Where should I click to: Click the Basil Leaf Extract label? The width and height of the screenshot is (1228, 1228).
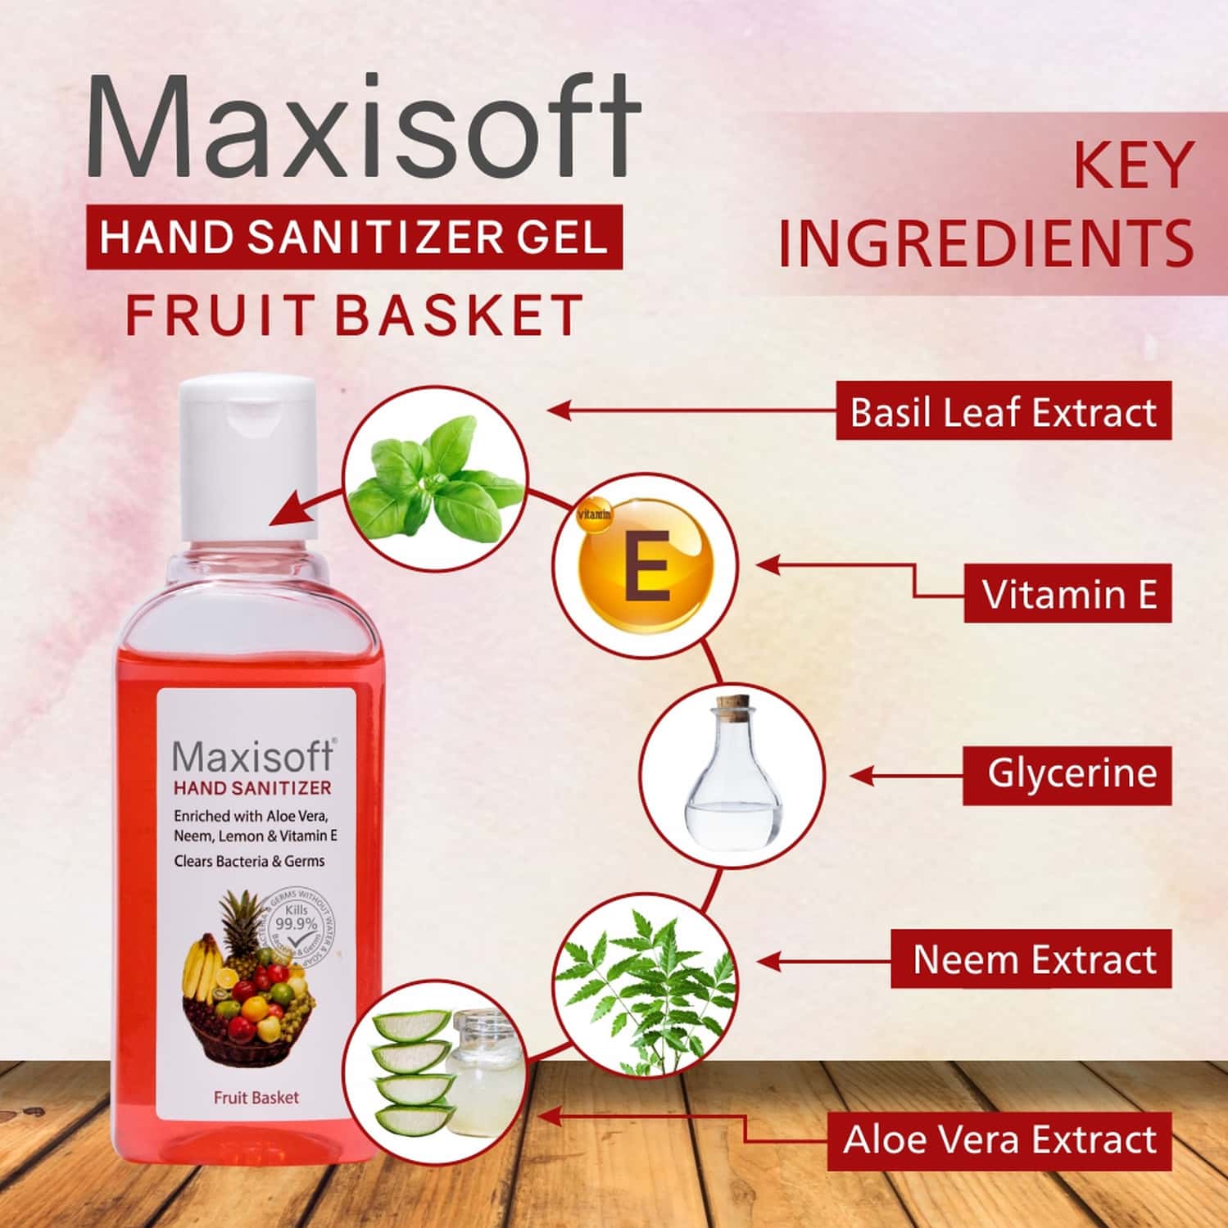pyautogui.click(x=1003, y=412)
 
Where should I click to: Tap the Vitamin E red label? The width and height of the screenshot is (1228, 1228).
pyautogui.click(x=1067, y=594)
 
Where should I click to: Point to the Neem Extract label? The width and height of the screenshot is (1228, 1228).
pyautogui.click(x=1031, y=959)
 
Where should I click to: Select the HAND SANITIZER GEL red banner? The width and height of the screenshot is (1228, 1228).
pyautogui.click(x=354, y=238)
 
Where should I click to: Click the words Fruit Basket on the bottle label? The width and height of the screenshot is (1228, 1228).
pyautogui.click(x=256, y=1097)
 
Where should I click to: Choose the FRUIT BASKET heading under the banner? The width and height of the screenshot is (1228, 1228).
pyautogui.click(x=354, y=315)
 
